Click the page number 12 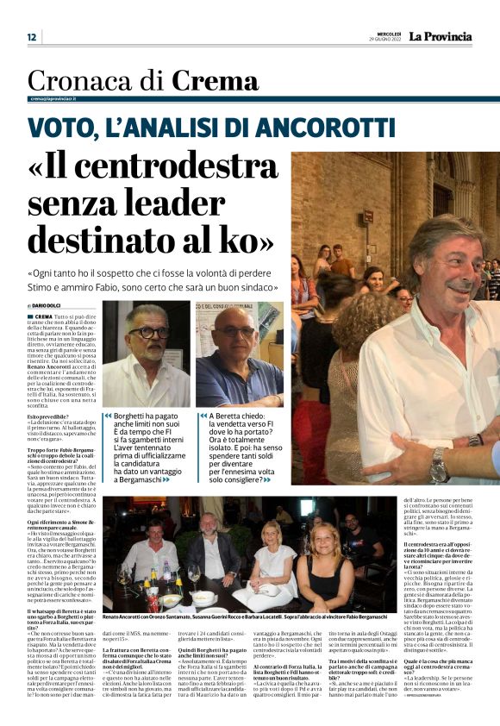click(32, 37)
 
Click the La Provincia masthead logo click(440, 36)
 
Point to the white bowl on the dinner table click(203, 598)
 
